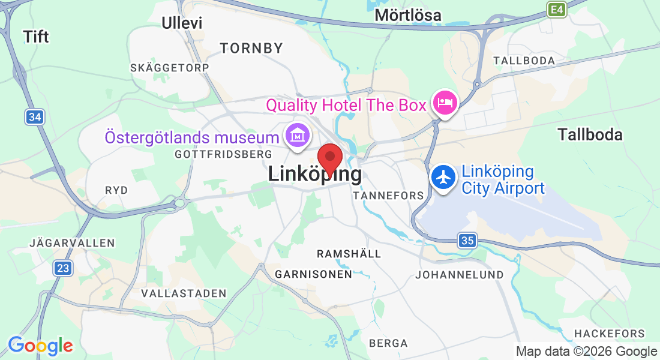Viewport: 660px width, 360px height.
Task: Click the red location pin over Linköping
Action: pos(329,158)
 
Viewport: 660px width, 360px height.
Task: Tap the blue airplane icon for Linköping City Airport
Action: pos(443,178)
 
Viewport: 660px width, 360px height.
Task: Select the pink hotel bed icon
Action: pos(445,104)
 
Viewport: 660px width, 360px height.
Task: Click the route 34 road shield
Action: pos(35,117)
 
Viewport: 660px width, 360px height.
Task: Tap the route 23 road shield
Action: pos(62,268)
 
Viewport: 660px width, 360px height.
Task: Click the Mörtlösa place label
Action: pos(407,15)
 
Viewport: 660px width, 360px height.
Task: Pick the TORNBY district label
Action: pos(251,48)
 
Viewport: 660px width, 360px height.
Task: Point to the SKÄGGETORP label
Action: pos(170,68)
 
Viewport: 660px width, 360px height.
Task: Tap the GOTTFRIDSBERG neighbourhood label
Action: pos(223,154)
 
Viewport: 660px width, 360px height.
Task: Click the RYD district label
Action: pos(116,190)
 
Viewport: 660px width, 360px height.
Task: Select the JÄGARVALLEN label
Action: pos(72,243)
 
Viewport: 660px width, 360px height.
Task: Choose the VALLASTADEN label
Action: pos(184,293)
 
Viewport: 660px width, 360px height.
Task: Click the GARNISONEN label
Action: pos(313,274)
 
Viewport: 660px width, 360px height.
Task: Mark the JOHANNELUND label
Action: pos(460,275)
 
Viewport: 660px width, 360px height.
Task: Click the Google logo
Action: pos(40,346)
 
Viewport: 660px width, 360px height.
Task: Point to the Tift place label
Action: pos(36,37)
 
